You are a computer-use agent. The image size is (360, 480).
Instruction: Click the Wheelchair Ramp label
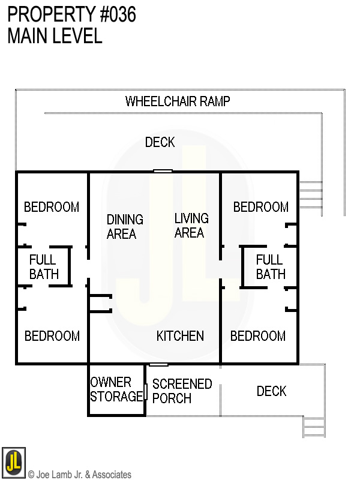(x=177, y=101)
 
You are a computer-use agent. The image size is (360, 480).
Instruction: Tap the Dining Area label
(x=125, y=227)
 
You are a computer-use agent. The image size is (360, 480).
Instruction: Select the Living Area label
(x=191, y=226)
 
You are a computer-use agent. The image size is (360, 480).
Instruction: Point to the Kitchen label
(x=180, y=336)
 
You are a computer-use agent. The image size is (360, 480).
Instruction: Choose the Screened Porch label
(x=182, y=391)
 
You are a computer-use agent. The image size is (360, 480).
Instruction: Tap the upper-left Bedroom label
(x=52, y=207)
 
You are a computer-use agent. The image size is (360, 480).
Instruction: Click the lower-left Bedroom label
(x=52, y=336)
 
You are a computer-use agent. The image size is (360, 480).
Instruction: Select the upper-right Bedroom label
(x=260, y=207)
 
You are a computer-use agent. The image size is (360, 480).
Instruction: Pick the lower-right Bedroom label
(x=258, y=336)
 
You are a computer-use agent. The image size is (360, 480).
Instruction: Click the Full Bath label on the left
(x=44, y=267)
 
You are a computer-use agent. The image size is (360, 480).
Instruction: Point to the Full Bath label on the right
(x=270, y=267)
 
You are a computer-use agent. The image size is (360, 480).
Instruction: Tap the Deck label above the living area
(x=160, y=142)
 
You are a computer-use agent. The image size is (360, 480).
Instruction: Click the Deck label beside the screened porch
(x=271, y=391)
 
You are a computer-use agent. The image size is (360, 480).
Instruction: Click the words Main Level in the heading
(x=55, y=36)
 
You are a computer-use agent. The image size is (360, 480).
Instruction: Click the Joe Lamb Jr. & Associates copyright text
(x=80, y=475)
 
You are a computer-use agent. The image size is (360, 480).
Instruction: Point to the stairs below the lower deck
(x=314, y=426)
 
